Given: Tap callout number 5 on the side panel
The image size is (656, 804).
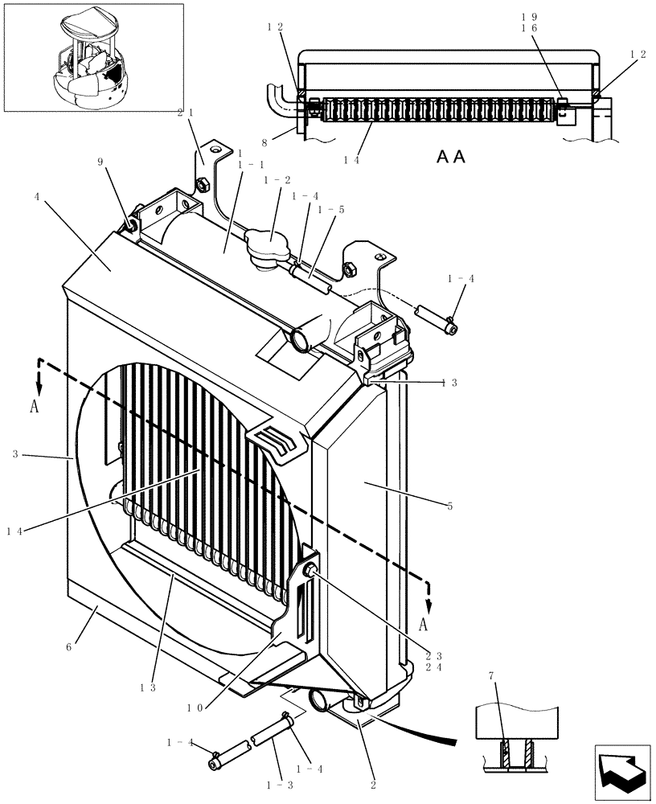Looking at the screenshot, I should click(450, 506).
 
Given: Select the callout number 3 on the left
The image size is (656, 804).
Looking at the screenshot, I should click(16, 455).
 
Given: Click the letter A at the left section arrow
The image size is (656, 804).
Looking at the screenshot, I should click(35, 407).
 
